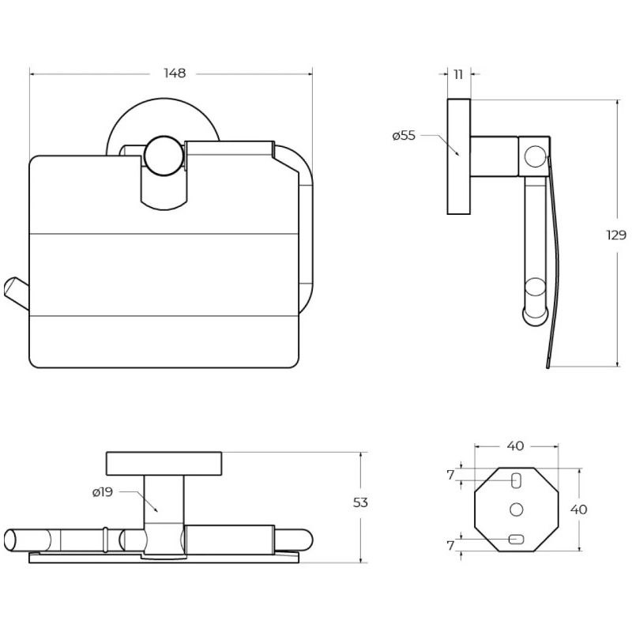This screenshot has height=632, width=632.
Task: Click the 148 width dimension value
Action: coord(175,73)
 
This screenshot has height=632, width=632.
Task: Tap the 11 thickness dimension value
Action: coord(458,74)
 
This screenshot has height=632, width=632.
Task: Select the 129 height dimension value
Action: coord(616,235)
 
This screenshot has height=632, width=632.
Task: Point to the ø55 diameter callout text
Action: coord(404,135)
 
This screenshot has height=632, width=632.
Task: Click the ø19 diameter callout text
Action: coord(103,492)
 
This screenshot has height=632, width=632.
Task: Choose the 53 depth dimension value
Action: coord(360,502)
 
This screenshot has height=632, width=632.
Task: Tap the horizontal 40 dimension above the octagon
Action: coord(516,446)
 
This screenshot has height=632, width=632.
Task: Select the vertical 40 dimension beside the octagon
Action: coord(578,510)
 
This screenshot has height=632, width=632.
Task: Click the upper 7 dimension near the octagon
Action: coord(450,476)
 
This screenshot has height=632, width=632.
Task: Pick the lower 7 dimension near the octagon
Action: coord(450,545)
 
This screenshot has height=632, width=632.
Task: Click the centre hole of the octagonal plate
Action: coord(517,510)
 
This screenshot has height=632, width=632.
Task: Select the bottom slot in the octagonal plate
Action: coord(517,539)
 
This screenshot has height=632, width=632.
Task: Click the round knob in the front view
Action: coord(164,156)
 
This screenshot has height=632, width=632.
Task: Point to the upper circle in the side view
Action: coord(535,156)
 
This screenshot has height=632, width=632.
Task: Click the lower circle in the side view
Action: coord(536,288)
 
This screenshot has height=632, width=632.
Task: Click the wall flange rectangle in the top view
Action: coord(164,464)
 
